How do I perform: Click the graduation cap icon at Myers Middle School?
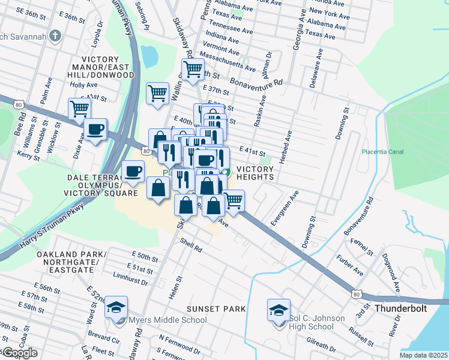pyautogui.click(x=116, y=308)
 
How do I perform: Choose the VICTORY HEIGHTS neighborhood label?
pyautogui.click(x=256, y=173)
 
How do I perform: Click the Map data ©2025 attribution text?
pyautogui.click(x=423, y=355)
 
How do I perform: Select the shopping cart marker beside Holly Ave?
pyautogui.click(x=79, y=109)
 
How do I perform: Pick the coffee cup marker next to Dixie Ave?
pyautogui.click(x=95, y=129)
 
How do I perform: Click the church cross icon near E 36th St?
pyautogui.click(x=55, y=35)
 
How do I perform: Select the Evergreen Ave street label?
pyautogui.click(x=285, y=209)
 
